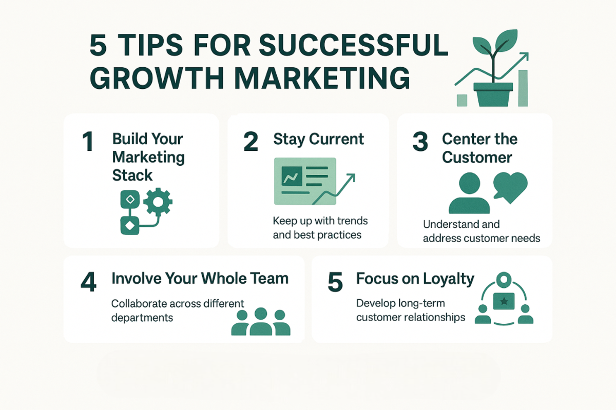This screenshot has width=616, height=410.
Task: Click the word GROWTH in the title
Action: (157, 78)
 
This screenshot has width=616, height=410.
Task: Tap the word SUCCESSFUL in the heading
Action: (353, 45)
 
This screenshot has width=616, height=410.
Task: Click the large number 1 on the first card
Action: (88, 141)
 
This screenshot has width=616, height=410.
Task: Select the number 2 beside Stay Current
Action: (251, 141)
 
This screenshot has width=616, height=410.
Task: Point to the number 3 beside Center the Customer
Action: (420, 141)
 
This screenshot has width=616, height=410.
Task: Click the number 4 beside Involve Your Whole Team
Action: (88, 282)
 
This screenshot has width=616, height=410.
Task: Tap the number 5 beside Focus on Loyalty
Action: (335, 282)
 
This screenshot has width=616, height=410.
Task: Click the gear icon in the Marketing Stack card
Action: (158, 202)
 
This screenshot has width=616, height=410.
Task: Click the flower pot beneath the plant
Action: (493, 94)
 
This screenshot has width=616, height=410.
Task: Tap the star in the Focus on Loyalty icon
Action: (504, 302)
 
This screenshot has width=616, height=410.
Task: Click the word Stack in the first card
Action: (132, 175)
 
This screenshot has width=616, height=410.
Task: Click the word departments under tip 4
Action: (142, 318)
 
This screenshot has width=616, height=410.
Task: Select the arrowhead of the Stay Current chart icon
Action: (352, 178)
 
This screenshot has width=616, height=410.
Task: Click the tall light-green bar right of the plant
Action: (523, 88)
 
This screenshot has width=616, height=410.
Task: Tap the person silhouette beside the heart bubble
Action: (469, 193)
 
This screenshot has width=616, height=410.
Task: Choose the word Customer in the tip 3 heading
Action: (477, 158)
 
